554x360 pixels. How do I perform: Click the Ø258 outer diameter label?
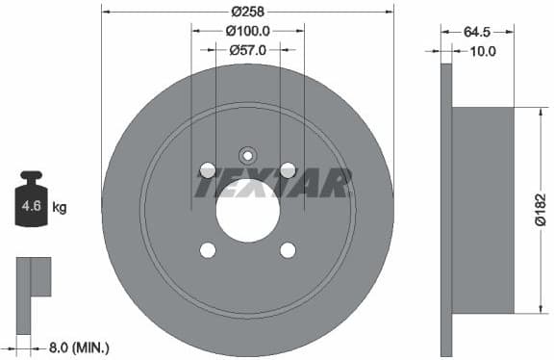(248, 12)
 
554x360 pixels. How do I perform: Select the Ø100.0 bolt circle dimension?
(247, 31)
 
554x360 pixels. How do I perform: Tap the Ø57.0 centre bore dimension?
(247, 49)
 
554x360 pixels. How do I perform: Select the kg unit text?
(60, 207)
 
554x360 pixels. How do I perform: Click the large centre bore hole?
(247, 210)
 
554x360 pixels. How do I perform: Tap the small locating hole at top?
(247, 153)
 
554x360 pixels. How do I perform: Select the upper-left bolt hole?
(207, 170)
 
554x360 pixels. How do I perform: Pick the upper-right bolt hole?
(287, 170)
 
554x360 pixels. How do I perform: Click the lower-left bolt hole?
(207, 250)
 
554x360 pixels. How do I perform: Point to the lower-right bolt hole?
(287, 250)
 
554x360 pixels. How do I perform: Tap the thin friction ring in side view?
(446, 209)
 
